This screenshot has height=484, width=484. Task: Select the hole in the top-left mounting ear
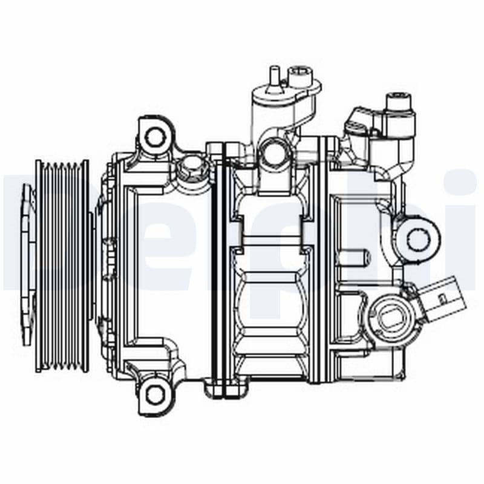coord(156,136)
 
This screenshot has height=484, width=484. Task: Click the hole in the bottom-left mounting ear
coord(155,395)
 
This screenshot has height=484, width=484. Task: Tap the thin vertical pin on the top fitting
coord(272,79)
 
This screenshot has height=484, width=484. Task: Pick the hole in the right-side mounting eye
coord(418,238)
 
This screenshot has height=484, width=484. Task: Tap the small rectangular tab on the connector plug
coord(441,296)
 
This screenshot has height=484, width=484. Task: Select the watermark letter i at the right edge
coord(463,224)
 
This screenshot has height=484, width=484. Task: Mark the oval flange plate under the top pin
coord(284,97)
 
